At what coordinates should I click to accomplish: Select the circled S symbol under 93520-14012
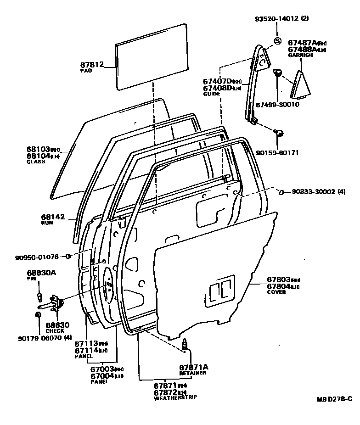(277, 41)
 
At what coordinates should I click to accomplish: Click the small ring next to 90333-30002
(282, 192)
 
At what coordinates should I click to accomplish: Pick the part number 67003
(101, 369)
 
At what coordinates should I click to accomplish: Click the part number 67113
(86, 343)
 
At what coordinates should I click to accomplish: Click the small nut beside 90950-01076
(68, 256)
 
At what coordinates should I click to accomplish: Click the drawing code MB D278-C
(334, 398)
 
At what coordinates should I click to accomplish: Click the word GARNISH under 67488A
(300, 55)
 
